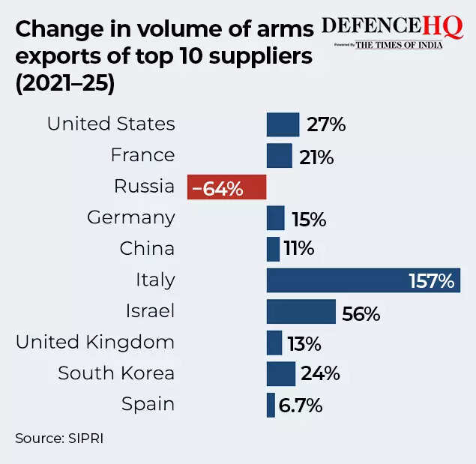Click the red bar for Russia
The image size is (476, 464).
pyautogui.click(x=226, y=187)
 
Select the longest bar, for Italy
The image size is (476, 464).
pyautogui.click(x=337, y=281)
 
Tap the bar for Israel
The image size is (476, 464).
pyautogui.click(x=301, y=312)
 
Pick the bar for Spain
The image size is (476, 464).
pyautogui.click(x=271, y=406)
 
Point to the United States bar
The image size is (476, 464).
pyautogui.click(x=283, y=124)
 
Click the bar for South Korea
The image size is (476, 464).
pyautogui.click(x=281, y=374)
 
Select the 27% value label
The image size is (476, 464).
pyautogui.click(x=326, y=124)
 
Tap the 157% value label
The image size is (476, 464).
pyautogui.click(x=431, y=281)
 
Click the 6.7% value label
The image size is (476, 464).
pyautogui.click(x=300, y=406)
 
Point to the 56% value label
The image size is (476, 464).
pyautogui.click(x=361, y=313)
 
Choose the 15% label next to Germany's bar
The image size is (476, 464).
pyautogui.click(x=308, y=219)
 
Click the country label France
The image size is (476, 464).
pyautogui.click(x=142, y=155)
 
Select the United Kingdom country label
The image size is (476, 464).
pyautogui.click(x=95, y=343)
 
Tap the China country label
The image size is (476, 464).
pyautogui.click(x=147, y=249)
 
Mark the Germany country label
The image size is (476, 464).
pyautogui.click(x=131, y=218)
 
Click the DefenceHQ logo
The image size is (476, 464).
pyautogui.click(x=392, y=26)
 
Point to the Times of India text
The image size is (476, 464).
pyautogui.click(x=399, y=45)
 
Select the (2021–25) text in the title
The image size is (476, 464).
pyautogui.click(x=65, y=84)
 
